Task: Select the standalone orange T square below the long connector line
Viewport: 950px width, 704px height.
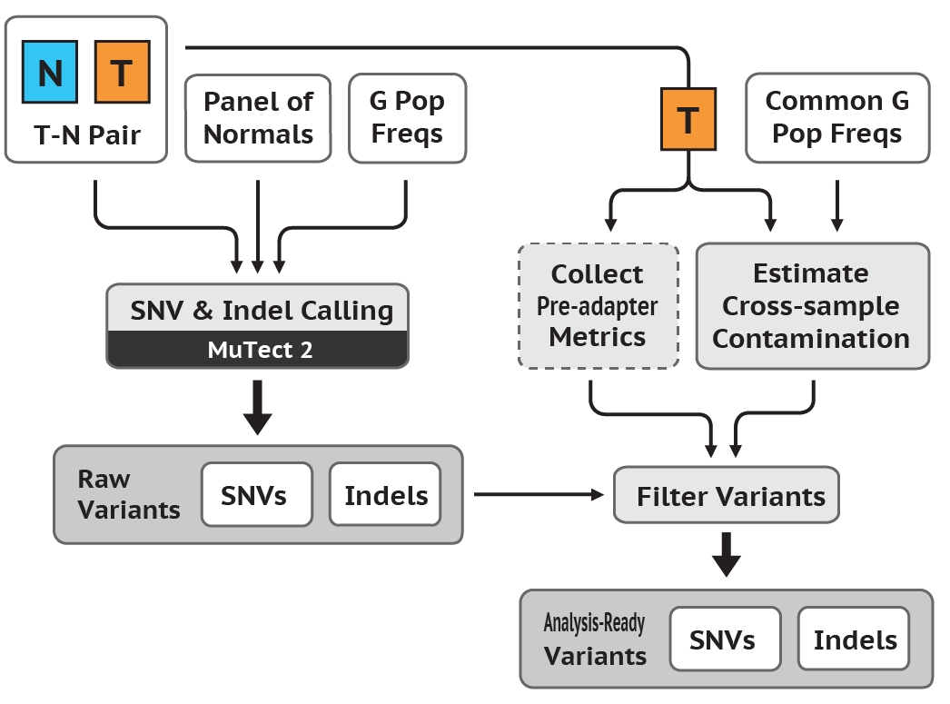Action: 687,118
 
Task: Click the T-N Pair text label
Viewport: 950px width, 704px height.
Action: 87,134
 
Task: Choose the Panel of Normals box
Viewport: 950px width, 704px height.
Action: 258,118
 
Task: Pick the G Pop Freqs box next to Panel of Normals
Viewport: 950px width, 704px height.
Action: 407,118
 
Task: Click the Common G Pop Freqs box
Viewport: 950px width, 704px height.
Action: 837,118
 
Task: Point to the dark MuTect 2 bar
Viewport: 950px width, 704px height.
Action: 258,350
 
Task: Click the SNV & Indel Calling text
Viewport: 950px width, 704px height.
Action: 262,311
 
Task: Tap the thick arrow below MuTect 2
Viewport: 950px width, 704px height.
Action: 258,409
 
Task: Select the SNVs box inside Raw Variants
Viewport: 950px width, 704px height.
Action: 256,495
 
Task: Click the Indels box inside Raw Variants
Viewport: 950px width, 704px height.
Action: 385,495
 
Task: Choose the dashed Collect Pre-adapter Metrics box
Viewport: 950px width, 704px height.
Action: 598,305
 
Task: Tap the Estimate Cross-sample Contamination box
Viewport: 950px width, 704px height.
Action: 812,305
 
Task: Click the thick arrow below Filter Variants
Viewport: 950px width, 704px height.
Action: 726,554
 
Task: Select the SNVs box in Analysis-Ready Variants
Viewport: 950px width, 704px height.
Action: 723,640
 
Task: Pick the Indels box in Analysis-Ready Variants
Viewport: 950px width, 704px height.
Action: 854,640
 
